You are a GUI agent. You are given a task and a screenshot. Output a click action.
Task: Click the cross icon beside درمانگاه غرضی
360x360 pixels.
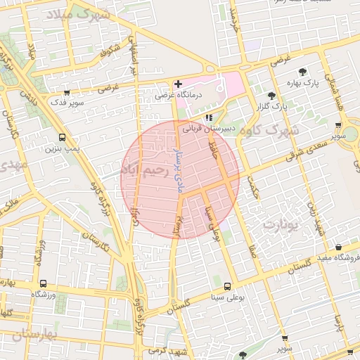(x=178, y=84)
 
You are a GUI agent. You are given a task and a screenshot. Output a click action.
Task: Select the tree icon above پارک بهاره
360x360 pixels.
(x=302, y=72)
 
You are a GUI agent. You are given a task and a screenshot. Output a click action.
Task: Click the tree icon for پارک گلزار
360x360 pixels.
(x=272, y=96)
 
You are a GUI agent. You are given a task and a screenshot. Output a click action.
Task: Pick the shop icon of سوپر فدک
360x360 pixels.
(x=67, y=92)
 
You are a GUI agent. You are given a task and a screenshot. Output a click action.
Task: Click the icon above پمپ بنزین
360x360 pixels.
(x=63, y=138)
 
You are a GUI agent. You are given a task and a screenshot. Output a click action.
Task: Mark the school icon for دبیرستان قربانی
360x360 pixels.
(x=208, y=117)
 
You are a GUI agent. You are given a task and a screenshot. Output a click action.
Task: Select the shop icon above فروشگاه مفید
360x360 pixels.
(x=339, y=247)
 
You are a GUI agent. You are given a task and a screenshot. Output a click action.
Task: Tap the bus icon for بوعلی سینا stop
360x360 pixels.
(x=227, y=286)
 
